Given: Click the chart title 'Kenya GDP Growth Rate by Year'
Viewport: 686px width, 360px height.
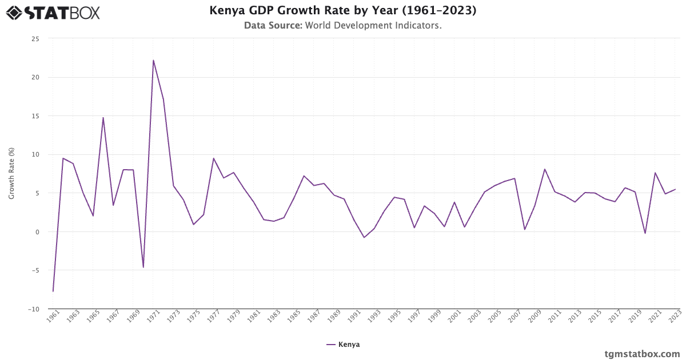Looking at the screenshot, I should (342, 11).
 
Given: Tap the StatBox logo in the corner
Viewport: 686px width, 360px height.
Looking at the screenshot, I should (53, 12).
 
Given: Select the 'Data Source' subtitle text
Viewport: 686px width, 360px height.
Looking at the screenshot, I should (342, 26).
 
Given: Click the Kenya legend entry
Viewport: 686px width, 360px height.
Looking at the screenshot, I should (343, 345).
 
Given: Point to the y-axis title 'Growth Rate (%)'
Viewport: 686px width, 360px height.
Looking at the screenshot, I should (11, 173).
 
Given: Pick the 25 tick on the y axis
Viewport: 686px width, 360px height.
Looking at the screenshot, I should (35, 39).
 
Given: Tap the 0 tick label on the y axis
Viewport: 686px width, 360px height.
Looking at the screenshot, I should (37, 232).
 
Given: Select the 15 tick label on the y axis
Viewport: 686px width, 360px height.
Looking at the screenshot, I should (35, 116).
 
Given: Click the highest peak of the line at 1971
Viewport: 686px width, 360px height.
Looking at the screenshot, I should (153, 60).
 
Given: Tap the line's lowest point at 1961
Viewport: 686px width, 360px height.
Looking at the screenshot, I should (53, 291).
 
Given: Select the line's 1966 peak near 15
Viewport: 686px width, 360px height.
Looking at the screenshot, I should (103, 118).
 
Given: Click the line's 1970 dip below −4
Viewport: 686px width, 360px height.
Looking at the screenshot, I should (143, 267).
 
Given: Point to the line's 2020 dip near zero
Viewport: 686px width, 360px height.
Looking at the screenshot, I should (645, 233).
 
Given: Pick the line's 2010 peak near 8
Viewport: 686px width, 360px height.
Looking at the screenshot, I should (545, 169).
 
